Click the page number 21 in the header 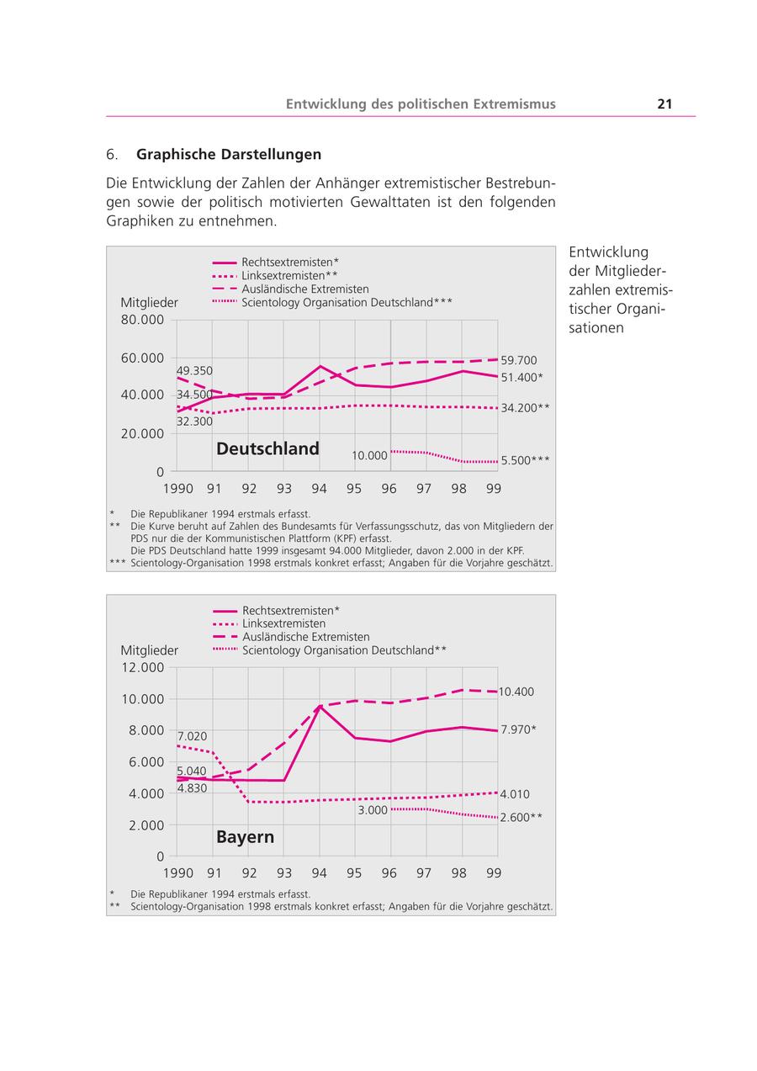pyautogui.click(x=664, y=104)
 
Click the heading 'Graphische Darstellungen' pyautogui.click(x=229, y=155)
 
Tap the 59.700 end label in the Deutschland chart pyautogui.click(x=518, y=360)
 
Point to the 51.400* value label pyautogui.click(x=521, y=378)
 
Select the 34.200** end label pyautogui.click(x=525, y=408)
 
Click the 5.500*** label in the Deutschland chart pyautogui.click(x=525, y=460)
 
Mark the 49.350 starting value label pyautogui.click(x=194, y=371)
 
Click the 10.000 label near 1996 pyautogui.click(x=369, y=456)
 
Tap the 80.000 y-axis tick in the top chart pyautogui.click(x=142, y=320)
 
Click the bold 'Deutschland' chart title pyautogui.click(x=267, y=448)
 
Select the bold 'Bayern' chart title pyautogui.click(x=245, y=837)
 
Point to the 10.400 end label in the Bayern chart pyautogui.click(x=516, y=692)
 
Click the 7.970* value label pyautogui.click(x=518, y=729)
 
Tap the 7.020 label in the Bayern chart pyautogui.click(x=192, y=736)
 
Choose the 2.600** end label pyautogui.click(x=521, y=817)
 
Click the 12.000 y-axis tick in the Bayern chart pyautogui.click(x=142, y=667)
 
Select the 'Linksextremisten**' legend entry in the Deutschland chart pyautogui.click(x=289, y=275)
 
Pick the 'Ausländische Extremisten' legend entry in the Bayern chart pyautogui.click(x=305, y=637)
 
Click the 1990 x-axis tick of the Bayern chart pyautogui.click(x=177, y=873)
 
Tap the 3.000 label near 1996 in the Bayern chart pyautogui.click(x=373, y=810)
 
